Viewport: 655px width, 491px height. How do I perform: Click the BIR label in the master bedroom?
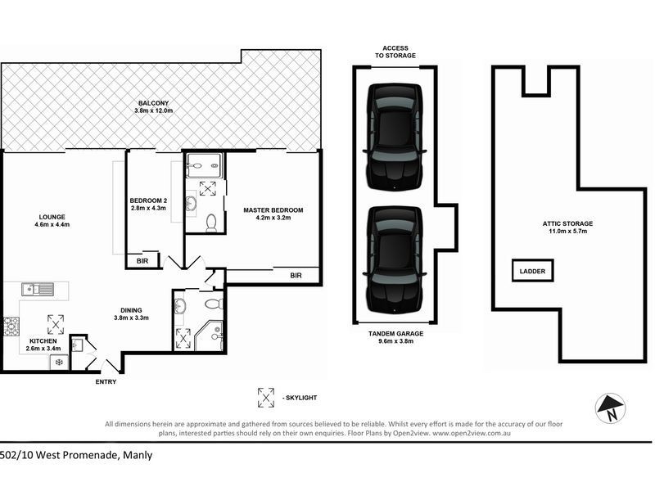pos(296,277)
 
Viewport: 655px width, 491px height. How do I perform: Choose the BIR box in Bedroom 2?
pos(142,260)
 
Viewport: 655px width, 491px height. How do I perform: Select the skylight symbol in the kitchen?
pos(56,322)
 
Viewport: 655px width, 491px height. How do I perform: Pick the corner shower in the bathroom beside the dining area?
pos(210,336)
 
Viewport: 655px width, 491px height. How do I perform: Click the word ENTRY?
pos(106,382)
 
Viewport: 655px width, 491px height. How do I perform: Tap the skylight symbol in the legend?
pos(266,398)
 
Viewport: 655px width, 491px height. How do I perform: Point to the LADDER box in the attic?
pos(533,271)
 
